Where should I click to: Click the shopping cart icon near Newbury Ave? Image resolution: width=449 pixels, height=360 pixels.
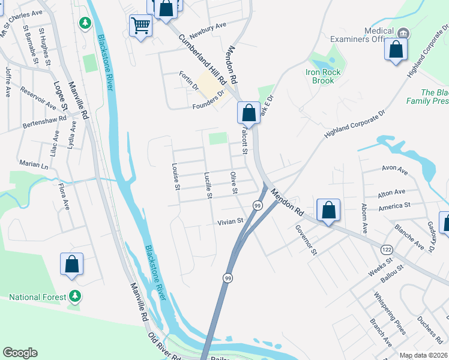[140, 26]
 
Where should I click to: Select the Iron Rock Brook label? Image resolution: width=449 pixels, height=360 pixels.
[323, 76]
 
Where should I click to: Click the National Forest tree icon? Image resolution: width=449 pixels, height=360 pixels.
[75, 296]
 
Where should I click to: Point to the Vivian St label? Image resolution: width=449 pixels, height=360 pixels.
[230, 221]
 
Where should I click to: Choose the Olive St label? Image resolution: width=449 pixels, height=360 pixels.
[234, 183]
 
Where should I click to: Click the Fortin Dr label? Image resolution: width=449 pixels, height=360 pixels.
[188, 81]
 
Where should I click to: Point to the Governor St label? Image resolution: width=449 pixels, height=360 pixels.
[305, 240]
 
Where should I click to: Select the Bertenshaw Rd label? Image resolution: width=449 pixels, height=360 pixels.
[41, 124]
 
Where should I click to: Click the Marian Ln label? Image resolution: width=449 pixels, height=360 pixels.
[33, 164]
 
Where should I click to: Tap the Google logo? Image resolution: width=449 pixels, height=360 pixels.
[20, 353]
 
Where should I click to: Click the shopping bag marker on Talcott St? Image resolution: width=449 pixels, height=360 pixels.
[249, 112]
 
